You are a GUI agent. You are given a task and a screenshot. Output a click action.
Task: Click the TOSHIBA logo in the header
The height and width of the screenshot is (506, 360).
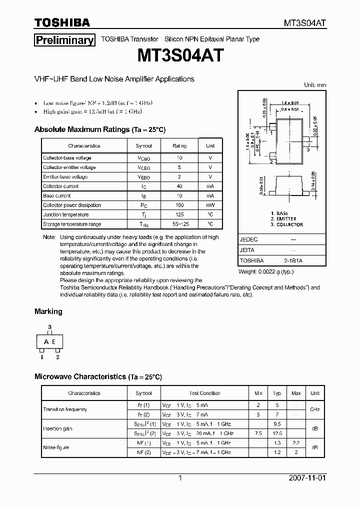pyautogui.click(x=62, y=22)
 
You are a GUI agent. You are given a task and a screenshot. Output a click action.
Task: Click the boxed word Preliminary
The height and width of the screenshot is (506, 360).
pyautogui.click(x=64, y=40)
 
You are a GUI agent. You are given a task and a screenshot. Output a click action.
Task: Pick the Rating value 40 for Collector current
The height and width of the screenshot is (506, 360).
pyautogui.click(x=179, y=186)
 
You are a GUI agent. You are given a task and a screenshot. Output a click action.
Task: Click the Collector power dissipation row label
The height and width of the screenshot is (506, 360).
pyautogui.click(x=72, y=205)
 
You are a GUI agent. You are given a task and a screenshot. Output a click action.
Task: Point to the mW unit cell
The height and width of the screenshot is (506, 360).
pyautogui.click(x=210, y=205)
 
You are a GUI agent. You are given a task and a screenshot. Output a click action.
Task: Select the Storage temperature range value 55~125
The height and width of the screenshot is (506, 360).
pyautogui.click(x=179, y=224)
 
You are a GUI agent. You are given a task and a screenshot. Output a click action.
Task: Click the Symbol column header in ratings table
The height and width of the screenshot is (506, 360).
pyautogui.click(x=143, y=146)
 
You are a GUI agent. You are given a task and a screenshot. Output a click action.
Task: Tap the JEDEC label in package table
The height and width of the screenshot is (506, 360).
pyautogui.click(x=248, y=239)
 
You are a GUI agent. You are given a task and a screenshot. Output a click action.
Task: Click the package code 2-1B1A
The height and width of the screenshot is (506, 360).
pyautogui.click(x=293, y=260)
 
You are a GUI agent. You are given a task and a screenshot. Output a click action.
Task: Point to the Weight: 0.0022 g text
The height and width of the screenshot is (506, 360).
pyautogui.click(x=266, y=271)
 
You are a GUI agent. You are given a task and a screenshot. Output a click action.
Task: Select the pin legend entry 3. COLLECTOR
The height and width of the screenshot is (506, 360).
pyautogui.click(x=286, y=225)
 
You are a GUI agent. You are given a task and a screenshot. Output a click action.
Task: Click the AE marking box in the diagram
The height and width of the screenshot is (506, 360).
pyautogui.click(x=50, y=342)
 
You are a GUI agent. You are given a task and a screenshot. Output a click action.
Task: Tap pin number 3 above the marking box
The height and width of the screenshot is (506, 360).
pyautogui.click(x=50, y=327)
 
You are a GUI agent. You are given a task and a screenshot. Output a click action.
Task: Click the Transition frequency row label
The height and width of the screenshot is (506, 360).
pyautogui.click(x=65, y=409)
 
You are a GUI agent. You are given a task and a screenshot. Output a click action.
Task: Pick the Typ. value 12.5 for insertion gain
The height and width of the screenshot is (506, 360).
pyautogui.click(x=278, y=433)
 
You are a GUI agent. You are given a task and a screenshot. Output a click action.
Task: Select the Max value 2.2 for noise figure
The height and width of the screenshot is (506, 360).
pyautogui.click(x=296, y=443)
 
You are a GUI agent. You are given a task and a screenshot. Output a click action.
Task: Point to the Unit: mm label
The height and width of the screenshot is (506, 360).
pyautogui.click(x=315, y=85)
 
